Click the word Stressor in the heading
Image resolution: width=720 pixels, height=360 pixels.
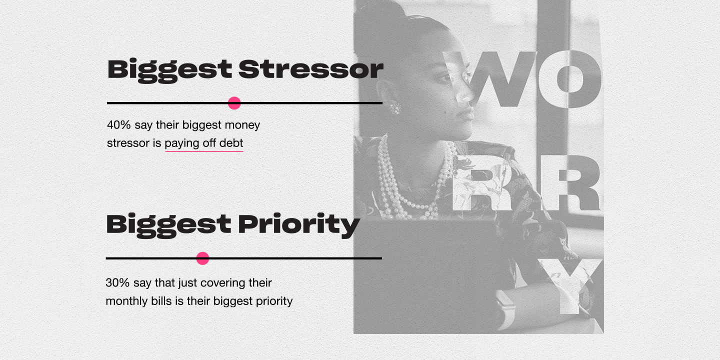click(310, 69)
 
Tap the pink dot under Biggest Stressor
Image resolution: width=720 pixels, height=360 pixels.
click(234, 103)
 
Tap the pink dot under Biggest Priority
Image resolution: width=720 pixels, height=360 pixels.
click(202, 258)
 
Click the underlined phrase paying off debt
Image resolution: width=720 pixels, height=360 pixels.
click(204, 143)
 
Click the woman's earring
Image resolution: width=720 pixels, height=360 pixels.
click(395, 108)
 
